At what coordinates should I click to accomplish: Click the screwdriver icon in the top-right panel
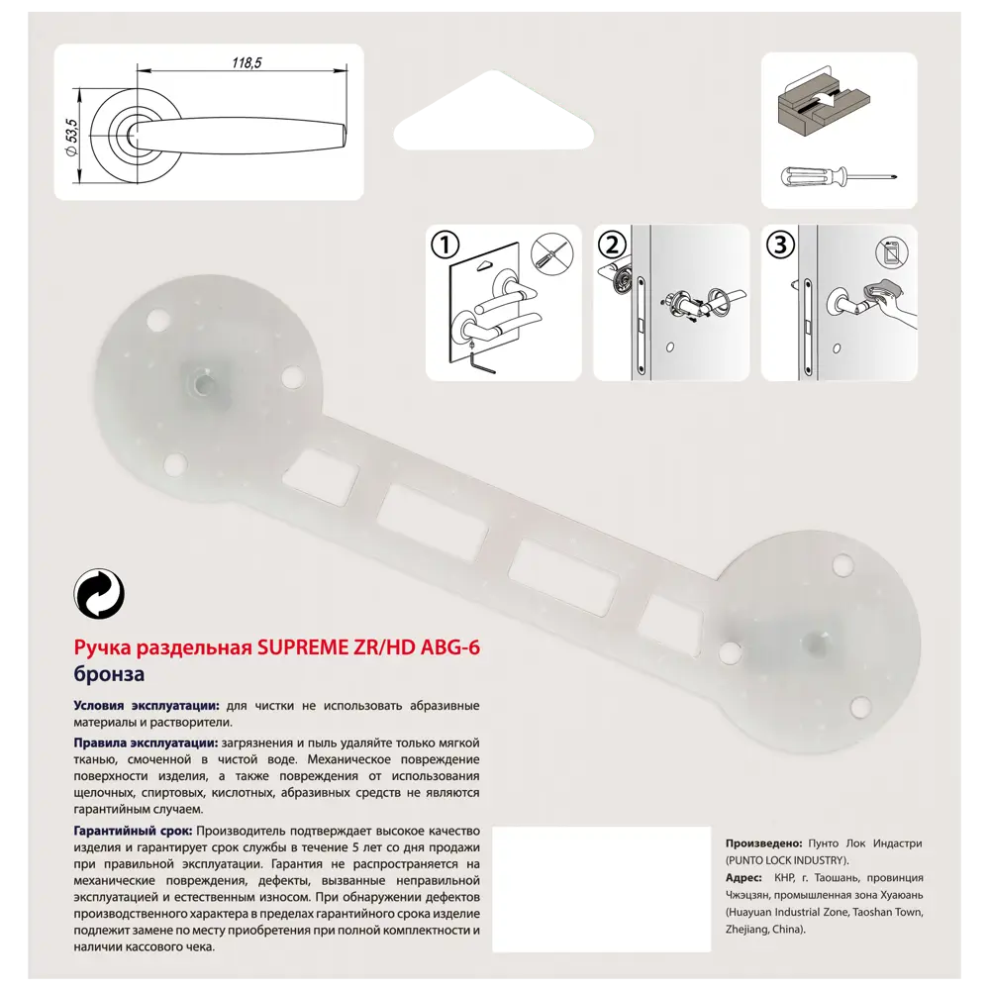[840, 178]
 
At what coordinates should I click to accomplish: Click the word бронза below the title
[110, 675]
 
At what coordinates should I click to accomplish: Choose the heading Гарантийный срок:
[133, 831]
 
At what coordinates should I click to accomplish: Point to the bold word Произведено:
[764, 843]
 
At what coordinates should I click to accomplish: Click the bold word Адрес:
[743, 878]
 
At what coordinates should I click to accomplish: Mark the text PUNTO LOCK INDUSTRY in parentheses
[787, 860]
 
